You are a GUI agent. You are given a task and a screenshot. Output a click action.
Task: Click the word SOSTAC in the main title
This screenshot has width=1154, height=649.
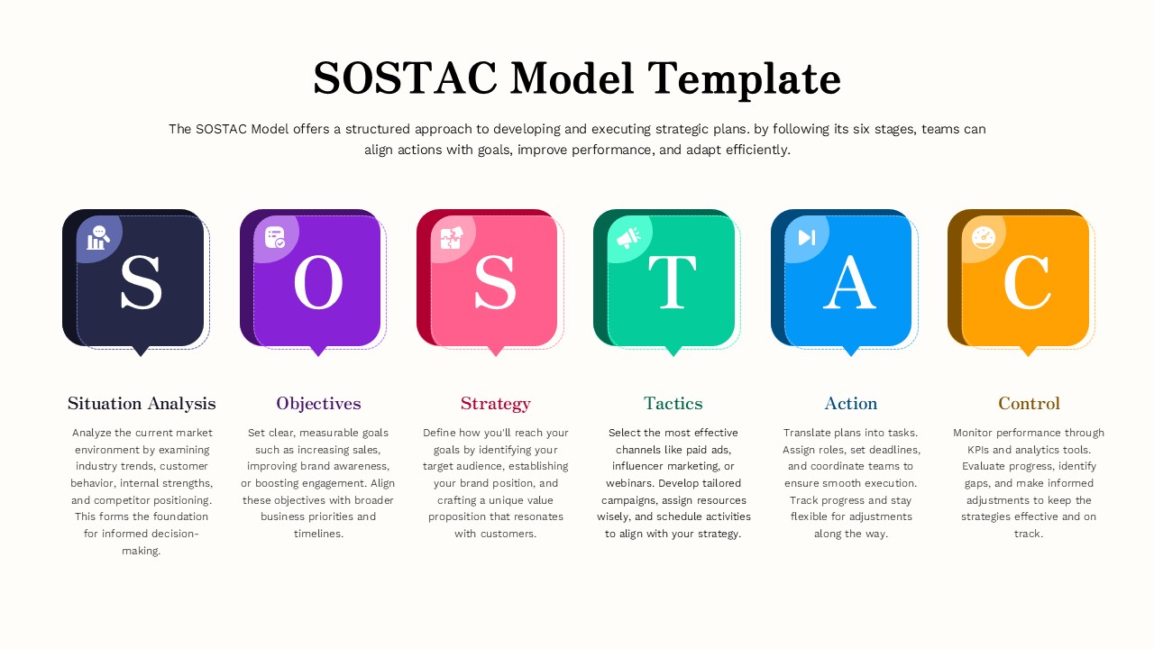coord(405,78)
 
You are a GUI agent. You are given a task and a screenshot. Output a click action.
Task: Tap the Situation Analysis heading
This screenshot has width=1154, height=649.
coord(142,403)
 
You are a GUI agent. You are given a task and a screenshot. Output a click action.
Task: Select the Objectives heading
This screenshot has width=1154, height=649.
coord(318,403)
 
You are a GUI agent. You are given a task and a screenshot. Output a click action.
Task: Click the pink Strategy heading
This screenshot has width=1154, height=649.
coord(495,403)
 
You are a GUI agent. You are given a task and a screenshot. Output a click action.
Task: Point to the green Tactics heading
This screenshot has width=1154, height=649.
coord(673,403)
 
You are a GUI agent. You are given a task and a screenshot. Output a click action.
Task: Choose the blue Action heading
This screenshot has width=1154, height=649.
coord(850,403)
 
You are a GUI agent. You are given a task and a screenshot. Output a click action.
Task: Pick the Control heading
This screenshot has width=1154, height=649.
coord(1029,403)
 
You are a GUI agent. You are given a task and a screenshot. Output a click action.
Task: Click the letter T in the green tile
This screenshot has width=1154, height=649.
coord(672,282)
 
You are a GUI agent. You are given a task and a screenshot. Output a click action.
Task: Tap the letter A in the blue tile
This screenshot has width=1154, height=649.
coord(849,282)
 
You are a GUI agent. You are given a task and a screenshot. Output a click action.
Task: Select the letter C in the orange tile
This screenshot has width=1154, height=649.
coord(1027,282)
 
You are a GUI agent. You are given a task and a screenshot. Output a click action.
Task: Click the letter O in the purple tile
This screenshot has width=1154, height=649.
coord(318,282)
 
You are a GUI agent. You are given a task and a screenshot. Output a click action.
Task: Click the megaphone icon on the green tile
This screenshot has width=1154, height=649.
coord(628,238)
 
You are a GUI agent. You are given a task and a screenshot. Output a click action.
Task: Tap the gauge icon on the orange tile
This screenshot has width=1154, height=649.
coord(983,238)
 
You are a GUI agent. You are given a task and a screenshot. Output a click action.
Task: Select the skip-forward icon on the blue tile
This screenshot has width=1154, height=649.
coord(806,238)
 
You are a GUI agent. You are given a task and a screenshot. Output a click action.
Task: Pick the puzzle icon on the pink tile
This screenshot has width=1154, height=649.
coord(451,238)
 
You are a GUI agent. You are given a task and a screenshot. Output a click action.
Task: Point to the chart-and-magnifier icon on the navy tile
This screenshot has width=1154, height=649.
coord(97,238)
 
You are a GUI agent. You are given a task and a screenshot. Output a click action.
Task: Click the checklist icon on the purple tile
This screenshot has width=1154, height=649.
coord(275,238)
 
